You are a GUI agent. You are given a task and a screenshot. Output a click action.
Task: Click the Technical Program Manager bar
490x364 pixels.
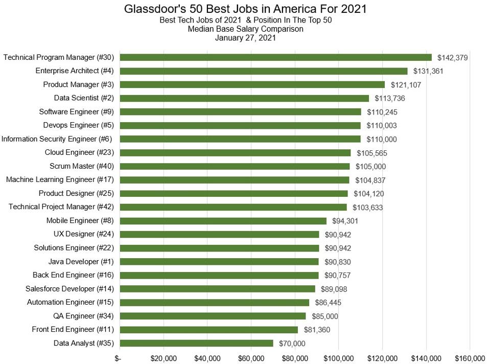tap(275, 57)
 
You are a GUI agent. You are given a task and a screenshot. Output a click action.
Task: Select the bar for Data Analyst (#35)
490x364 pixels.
tap(196, 343)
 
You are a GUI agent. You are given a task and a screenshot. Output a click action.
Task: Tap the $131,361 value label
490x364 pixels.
tap(428, 71)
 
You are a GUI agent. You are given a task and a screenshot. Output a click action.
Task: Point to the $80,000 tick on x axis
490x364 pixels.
tap(295, 357)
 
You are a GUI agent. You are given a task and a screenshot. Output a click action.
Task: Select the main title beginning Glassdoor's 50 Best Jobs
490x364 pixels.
tap(245, 9)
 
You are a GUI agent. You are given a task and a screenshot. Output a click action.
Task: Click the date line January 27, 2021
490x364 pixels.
tap(245, 37)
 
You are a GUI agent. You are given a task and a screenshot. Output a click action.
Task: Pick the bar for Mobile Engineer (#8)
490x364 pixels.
tap(223, 221)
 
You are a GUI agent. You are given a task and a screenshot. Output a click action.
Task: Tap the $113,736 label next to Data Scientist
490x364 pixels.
tap(390, 98)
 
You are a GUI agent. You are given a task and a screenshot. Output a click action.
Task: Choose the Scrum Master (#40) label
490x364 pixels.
tap(82, 166)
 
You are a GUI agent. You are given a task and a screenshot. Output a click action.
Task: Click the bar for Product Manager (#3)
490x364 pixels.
tap(252, 84)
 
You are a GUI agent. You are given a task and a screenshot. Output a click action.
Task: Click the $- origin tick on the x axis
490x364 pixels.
tap(118, 357)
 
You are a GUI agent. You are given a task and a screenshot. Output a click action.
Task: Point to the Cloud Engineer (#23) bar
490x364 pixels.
tap(235, 152)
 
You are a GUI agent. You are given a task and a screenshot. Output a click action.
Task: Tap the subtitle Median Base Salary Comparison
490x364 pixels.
tap(245, 29)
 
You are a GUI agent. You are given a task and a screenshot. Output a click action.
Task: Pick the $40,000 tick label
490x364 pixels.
tap(207, 357)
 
